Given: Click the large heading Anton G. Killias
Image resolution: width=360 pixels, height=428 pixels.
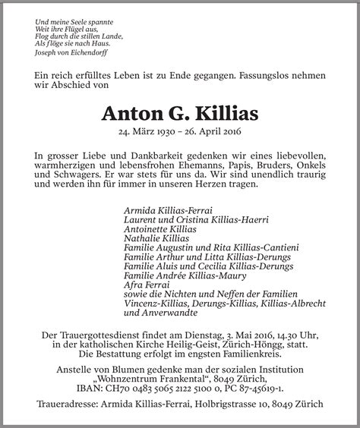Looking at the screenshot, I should coord(179,115).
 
